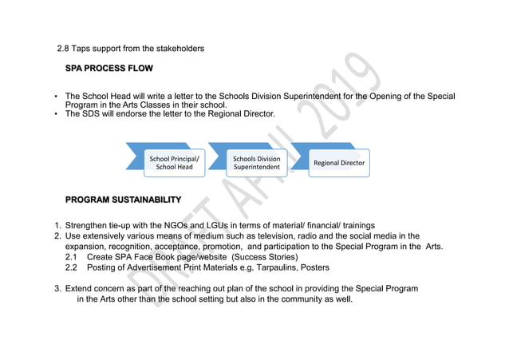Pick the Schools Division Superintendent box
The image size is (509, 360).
(x=256, y=163)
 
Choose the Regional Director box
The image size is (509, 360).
(x=338, y=163)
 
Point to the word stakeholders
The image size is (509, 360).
(x=179, y=49)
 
